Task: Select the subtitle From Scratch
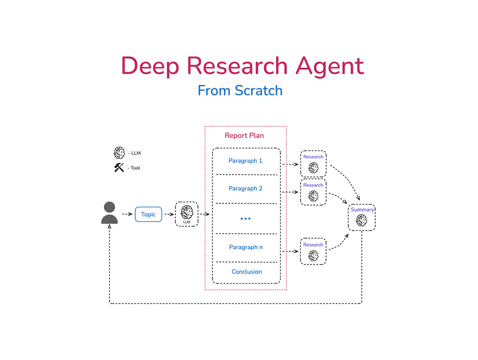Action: pyautogui.click(x=240, y=91)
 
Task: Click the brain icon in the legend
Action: pyautogui.click(x=119, y=153)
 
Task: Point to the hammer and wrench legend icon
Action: pyautogui.click(x=119, y=168)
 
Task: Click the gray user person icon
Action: pyautogui.click(x=109, y=213)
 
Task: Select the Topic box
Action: pyautogui.click(x=148, y=214)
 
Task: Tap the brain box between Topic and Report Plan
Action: pyautogui.click(x=186, y=213)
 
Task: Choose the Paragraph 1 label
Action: pyautogui.click(x=245, y=161)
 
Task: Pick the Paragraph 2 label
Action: pyautogui.click(x=245, y=188)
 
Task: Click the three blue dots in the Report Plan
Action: pyautogui.click(x=245, y=219)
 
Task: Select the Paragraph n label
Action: pyautogui.click(x=245, y=247)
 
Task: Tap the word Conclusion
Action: pyautogui.click(x=247, y=272)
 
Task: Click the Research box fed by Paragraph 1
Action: pyautogui.click(x=313, y=164)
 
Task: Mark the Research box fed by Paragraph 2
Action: pyautogui.click(x=313, y=192)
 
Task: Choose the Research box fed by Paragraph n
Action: pyautogui.click(x=313, y=251)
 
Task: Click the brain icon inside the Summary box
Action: pyautogui.click(x=361, y=220)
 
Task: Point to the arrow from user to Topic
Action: pyautogui.click(x=126, y=214)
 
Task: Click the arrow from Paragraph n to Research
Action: pyautogui.click(x=290, y=252)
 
